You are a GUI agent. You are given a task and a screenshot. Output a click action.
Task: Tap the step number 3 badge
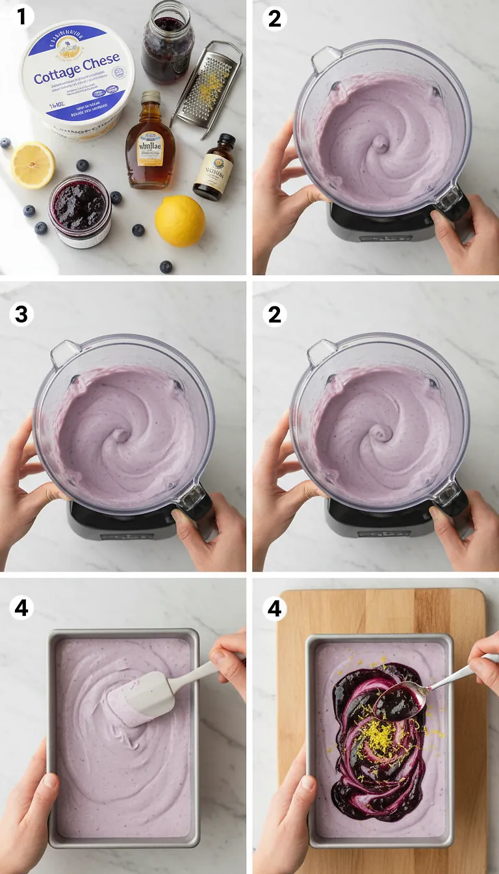pyautogui.click(x=21, y=314)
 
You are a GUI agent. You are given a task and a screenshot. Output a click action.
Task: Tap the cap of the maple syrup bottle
pyautogui.click(x=151, y=98)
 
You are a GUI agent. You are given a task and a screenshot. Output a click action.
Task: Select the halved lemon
pyautogui.click(x=32, y=165)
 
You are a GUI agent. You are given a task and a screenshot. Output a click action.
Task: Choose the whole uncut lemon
pyautogui.click(x=180, y=221)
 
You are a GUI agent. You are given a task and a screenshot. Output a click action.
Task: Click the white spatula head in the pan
pyautogui.click(x=141, y=698)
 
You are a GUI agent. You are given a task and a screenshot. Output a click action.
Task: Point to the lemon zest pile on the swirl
pyautogui.click(x=378, y=739)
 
